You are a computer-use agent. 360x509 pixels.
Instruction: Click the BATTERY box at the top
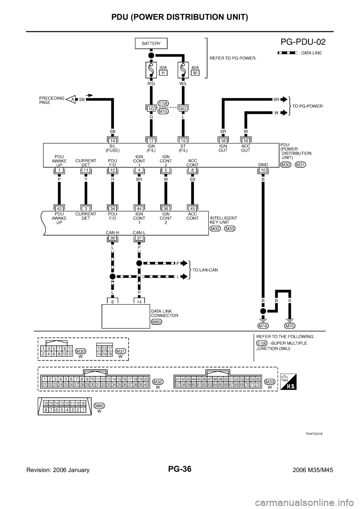click(x=151, y=43)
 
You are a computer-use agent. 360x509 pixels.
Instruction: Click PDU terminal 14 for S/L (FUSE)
click(x=112, y=140)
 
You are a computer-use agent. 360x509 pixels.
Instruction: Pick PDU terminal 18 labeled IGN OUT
click(x=223, y=140)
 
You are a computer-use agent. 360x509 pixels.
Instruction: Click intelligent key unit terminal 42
click(x=59, y=208)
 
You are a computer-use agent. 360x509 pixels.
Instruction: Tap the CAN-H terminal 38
click(x=112, y=238)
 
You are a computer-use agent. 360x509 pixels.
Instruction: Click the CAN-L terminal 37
click(x=139, y=238)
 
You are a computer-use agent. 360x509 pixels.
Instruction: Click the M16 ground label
click(x=263, y=326)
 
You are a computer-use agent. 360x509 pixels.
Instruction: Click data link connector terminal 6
click(x=112, y=301)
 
